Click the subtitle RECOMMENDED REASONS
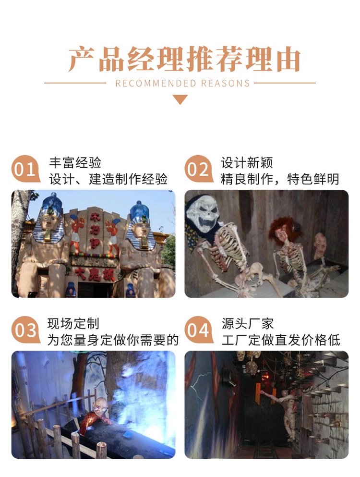click(x=182, y=84)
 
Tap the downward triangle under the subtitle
click(x=180, y=99)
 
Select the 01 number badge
click(x=25, y=169)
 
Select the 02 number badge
click(x=198, y=169)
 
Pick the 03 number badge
click(x=25, y=330)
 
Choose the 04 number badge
click(x=198, y=330)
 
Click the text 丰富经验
click(x=75, y=163)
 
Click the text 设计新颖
click(x=247, y=163)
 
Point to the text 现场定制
click(x=73, y=324)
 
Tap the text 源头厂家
click(x=248, y=324)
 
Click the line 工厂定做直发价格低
click(x=281, y=340)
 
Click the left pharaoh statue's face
click(x=49, y=221)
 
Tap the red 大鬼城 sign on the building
click(x=95, y=274)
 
